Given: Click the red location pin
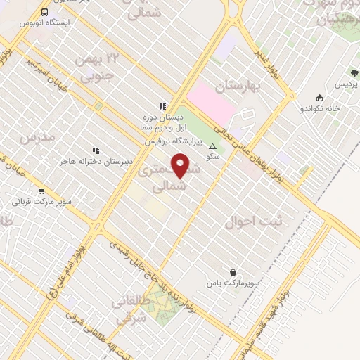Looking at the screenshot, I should [x=182, y=166].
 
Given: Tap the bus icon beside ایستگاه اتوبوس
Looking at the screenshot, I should [x=45, y=13].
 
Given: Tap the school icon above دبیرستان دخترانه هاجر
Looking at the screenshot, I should [x=96, y=150].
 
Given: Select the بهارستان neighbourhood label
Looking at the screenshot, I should [x=239, y=87].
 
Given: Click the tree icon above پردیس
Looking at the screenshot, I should [x=354, y=72].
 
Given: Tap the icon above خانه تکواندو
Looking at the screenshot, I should [x=321, y=98].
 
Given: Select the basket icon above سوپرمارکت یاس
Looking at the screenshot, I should [x=233, y=272].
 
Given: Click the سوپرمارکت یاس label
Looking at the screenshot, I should [x=233, y=283].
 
